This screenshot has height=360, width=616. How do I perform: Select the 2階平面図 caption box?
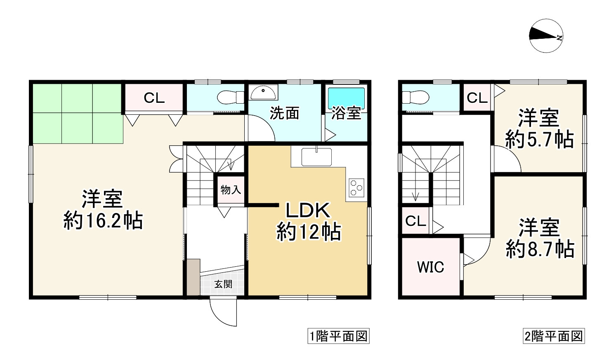pos(554,336)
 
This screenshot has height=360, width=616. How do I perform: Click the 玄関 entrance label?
pos(223,284)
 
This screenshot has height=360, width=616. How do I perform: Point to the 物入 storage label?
pos(231,190)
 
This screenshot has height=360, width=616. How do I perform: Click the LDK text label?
pos(308,211)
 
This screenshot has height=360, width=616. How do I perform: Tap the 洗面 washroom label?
pos(284,113)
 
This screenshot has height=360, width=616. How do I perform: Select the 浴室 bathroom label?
pos(346,113)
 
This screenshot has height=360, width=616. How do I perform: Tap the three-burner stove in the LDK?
pos(356,188)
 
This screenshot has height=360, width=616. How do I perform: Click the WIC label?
pos(430,267)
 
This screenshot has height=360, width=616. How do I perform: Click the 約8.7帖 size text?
pos(540,249)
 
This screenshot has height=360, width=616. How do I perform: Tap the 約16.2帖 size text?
pos(103,221)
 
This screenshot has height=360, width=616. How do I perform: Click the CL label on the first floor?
pos(154,98)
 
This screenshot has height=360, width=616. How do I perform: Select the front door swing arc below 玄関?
pos(223,313)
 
